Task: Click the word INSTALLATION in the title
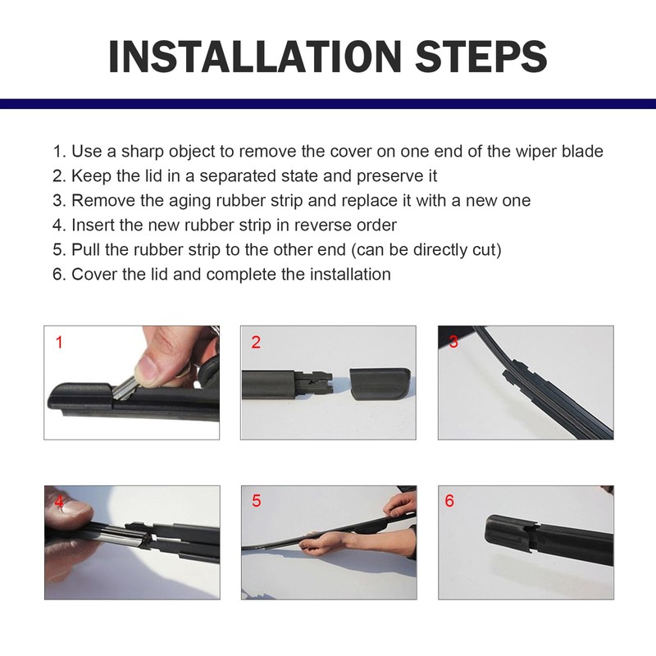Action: click(255, 57)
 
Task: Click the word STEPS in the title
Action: click(481, 57)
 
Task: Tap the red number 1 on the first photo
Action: click(59, 342)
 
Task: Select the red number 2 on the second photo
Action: click(256, 342)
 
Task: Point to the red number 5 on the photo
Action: click(257, 500)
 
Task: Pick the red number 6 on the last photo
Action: click(449, 500)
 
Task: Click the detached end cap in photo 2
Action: click(380, 384)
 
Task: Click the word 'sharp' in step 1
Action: click(142, 152)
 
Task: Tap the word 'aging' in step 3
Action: click(190, 202)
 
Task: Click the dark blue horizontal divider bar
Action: click(328, 104)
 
